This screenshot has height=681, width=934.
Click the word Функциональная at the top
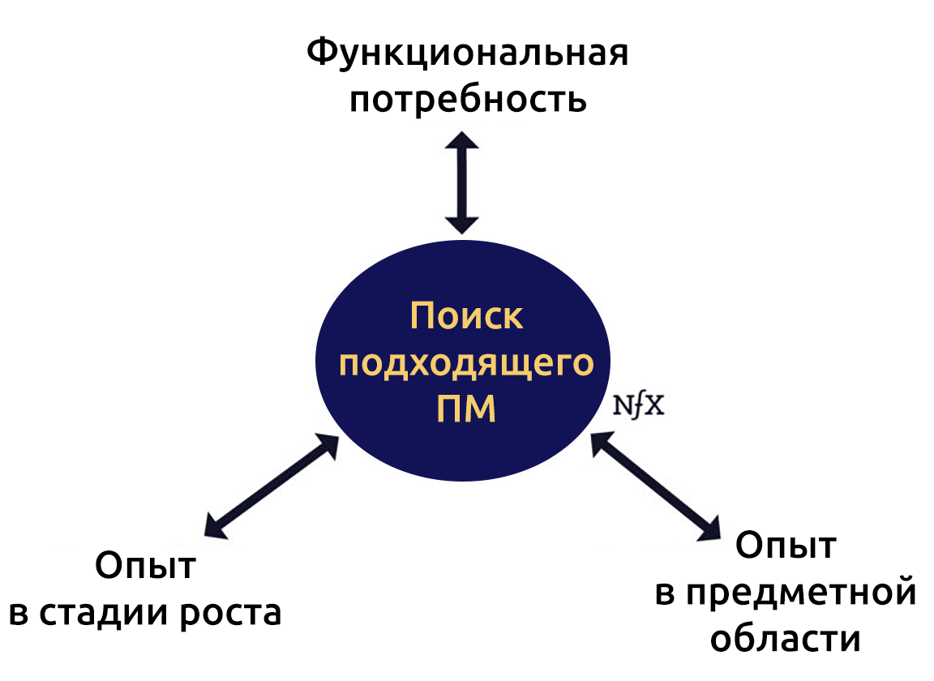(468, 53)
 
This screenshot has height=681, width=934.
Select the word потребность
(468, 99)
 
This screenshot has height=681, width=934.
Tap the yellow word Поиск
(466, 316)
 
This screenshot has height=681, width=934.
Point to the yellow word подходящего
(466, 363)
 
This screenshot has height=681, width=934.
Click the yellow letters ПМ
(466, 409)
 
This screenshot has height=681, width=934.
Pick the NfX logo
(639, 406)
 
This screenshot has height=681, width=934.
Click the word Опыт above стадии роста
(145, 565)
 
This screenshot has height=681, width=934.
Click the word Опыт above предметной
(786, 545)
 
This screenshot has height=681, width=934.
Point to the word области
(786, 639)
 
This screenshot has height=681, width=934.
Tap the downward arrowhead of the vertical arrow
(462, 225)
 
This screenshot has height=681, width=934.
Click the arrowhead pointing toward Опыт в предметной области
(709, 529)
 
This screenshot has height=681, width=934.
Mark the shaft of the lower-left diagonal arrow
(272, 486)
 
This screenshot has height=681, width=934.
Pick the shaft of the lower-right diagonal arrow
(656, 486)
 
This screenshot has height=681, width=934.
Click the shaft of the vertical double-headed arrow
(462, 183)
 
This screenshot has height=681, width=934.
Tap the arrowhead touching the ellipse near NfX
(601, 443)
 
